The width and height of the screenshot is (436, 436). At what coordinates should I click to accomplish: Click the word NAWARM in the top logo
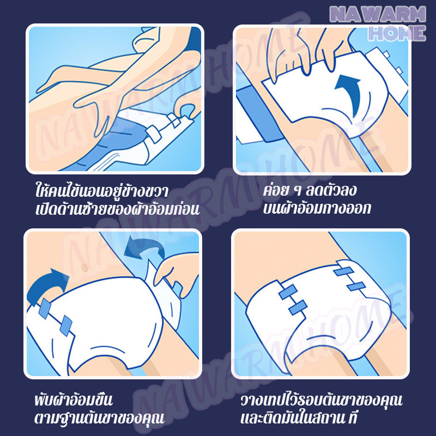(378, 15)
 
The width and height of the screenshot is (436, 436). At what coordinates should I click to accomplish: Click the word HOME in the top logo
(397, 33)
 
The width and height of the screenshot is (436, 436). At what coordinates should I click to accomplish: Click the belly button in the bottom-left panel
(84, 268)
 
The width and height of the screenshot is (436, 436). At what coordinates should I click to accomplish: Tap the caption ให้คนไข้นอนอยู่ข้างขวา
(102, 192)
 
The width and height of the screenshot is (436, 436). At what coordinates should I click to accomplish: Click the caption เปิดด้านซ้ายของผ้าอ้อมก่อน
(117, 209)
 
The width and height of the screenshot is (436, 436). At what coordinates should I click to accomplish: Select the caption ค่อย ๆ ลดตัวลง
(310, 191)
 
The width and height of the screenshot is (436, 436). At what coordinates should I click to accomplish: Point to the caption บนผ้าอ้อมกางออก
(317, 208)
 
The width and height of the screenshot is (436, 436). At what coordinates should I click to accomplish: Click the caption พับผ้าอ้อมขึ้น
(74, 399)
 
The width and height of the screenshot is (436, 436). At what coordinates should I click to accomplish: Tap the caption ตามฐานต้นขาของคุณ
(99, 417)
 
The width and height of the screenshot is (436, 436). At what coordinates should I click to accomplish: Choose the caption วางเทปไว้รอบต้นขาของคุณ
(322, 400)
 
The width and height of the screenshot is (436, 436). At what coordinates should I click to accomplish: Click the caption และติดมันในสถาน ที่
(298, 417)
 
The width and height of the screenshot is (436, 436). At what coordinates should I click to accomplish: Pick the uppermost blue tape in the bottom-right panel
(343, 271)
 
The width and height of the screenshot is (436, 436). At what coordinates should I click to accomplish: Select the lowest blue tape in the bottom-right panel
(298, 307)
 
